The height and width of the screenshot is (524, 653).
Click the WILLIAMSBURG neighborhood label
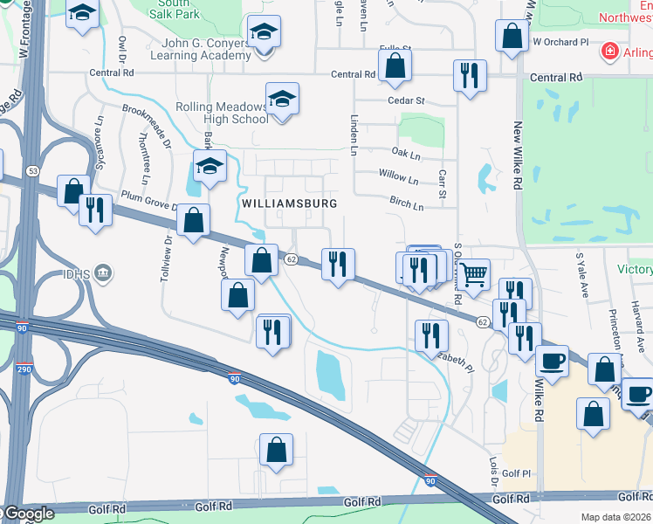[288, 203]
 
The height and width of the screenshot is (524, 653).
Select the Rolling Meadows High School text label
[223, 113]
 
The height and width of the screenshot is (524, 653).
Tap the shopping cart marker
[473, 276]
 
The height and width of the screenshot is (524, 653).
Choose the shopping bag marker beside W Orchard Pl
[512, 37]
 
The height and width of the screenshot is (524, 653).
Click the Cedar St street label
[406, 100]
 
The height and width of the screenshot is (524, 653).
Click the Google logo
[29, 514]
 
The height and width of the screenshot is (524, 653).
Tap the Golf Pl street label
[516, 474]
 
